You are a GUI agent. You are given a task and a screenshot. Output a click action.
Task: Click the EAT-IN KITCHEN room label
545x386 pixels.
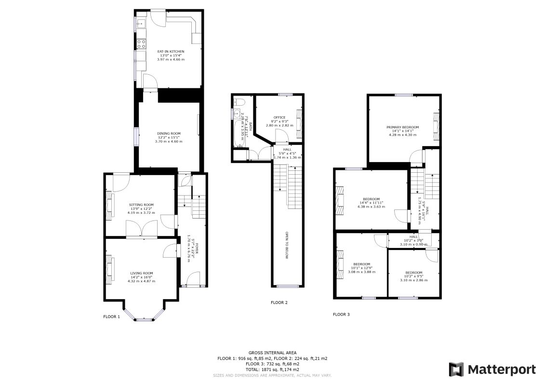(171, 51)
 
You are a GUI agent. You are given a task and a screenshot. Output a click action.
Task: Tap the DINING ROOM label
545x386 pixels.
(169, 134)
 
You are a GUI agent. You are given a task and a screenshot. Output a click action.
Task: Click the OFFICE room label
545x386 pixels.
(279, 117)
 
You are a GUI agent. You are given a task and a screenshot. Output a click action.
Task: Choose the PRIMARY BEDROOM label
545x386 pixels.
(402, 127)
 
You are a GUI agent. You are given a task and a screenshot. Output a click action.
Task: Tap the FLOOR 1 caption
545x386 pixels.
(111, 317)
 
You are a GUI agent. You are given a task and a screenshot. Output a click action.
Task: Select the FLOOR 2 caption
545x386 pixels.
(279, 303)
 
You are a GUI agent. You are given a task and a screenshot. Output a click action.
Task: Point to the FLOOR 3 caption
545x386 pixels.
(341, 314)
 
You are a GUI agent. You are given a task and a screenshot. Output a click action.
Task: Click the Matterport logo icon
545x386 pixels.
(456, 370)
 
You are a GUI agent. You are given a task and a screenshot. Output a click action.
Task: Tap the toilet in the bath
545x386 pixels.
(239, 102)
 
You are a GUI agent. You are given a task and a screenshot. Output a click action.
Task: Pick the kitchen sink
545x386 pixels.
(140, 23)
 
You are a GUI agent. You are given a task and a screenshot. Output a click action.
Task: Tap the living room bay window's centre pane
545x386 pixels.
(143, 319)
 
